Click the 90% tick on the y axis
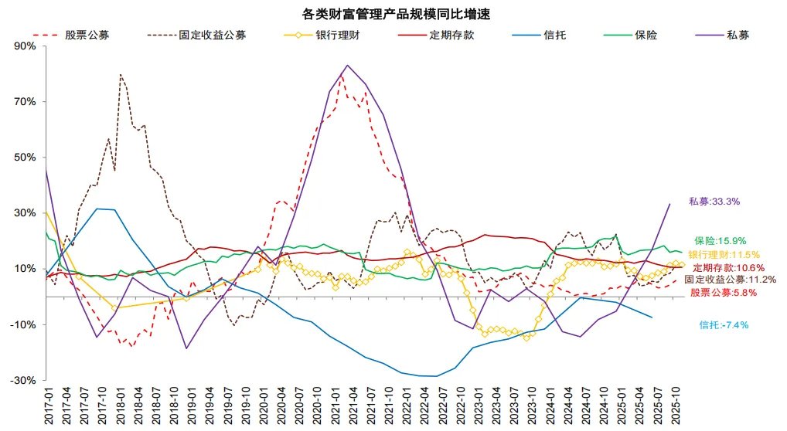(x=26, y=46)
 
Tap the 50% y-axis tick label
(x=26, y=158)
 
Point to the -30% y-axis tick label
(x=24, y=381)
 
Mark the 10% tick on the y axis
(x=26, y=269)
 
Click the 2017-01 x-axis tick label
(x=47, y=406)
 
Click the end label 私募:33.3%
(x=714, y=202)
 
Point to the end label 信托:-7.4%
(x=724, y=325)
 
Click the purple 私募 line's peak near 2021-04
(x=346, y=65)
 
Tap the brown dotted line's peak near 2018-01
(x=121, y=75)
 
